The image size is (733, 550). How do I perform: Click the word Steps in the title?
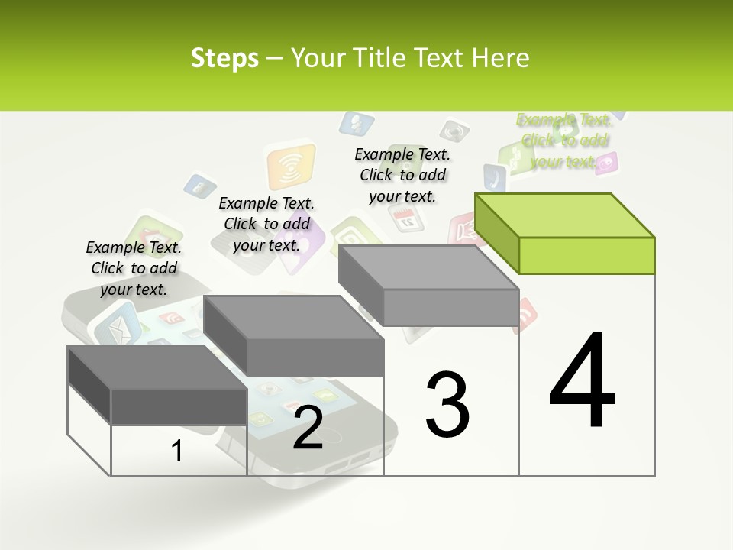[224, 58]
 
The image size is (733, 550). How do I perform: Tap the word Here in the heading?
[500, 58]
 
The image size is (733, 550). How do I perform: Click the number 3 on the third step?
[447, 404]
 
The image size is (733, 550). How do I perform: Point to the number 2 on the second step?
[308, 428]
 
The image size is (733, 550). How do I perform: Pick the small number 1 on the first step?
[176, 451]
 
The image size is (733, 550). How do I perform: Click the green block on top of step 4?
[565, 233]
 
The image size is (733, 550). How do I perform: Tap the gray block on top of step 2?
[294, 336]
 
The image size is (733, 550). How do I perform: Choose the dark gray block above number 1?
[157, 386]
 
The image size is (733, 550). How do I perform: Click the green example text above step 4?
[565, 141]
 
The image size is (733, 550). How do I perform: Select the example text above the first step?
[134, 268]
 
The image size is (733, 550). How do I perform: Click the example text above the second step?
[266, 224]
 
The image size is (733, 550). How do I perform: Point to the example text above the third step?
[402, 175]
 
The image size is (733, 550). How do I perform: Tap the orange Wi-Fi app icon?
[290, 167]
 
